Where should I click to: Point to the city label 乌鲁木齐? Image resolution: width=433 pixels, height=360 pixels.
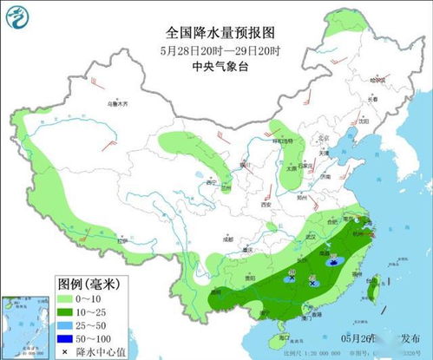point(115,103)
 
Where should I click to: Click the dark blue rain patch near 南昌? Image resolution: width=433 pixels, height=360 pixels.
point(333,258)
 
